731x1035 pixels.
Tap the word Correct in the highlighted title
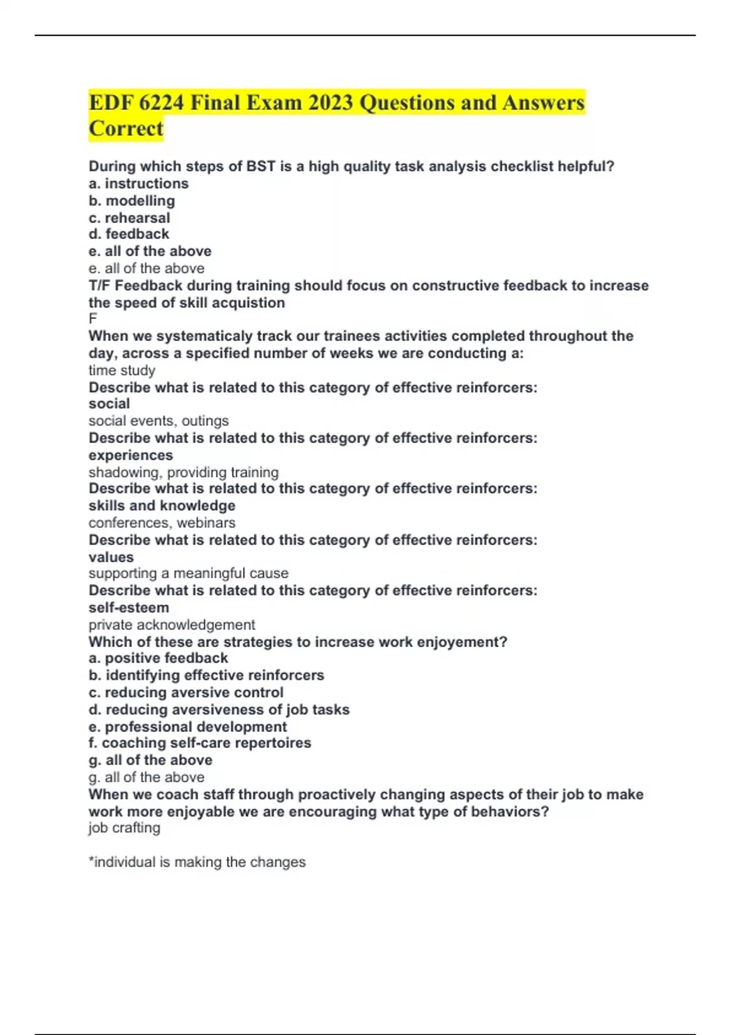tap(126, 128)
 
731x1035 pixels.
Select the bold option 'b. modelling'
tap(132, 201)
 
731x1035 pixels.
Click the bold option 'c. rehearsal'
tap(129, 218)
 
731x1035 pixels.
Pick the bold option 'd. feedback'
tap(129, 234)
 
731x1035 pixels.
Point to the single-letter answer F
tap(93, 319)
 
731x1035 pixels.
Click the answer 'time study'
tap(122, 370)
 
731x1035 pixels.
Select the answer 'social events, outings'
tap(158, 421)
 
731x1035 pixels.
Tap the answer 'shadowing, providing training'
tap(183, 472)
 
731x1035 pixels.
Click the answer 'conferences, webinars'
tap(161, 523)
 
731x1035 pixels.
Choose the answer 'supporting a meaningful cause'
tap(188, 574)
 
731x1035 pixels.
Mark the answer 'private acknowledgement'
tap(172, 625)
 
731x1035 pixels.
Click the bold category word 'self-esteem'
tap(129, 608)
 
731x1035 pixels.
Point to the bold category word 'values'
tap(111, 557)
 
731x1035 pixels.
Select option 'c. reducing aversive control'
tap(186, 693)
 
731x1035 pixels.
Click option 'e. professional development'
tap(188, 727)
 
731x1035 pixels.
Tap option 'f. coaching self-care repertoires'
tap(200, 743)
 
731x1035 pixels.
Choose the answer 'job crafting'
tap(124, 828)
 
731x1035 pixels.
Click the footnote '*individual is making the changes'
tap(197, 862)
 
